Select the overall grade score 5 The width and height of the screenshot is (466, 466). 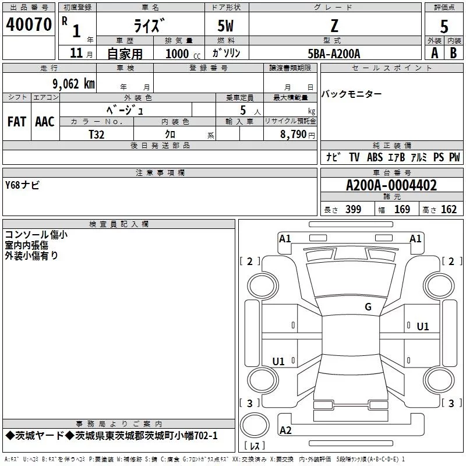tap(444, 27)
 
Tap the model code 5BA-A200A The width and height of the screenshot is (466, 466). tap(334, 54)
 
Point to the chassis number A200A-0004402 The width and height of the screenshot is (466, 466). tap(391, 186)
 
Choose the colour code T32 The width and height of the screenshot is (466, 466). tap(97, 134)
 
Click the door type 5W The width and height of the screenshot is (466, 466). tap(226, 26)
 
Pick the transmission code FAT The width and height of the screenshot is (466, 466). tap(17, 122)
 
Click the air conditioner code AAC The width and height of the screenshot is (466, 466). tap(45, 122)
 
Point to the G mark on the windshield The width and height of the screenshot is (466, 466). tap(368, 307)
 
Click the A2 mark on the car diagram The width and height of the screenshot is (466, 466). tap(285, 430)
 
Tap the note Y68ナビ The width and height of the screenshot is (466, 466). tap(22, 185)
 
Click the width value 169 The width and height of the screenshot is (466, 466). tap(402, 210)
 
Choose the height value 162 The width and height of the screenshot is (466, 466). tap(449, 210)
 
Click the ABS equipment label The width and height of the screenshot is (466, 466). tap(375, 157)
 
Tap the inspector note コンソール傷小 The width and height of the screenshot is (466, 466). tap(36, 235)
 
